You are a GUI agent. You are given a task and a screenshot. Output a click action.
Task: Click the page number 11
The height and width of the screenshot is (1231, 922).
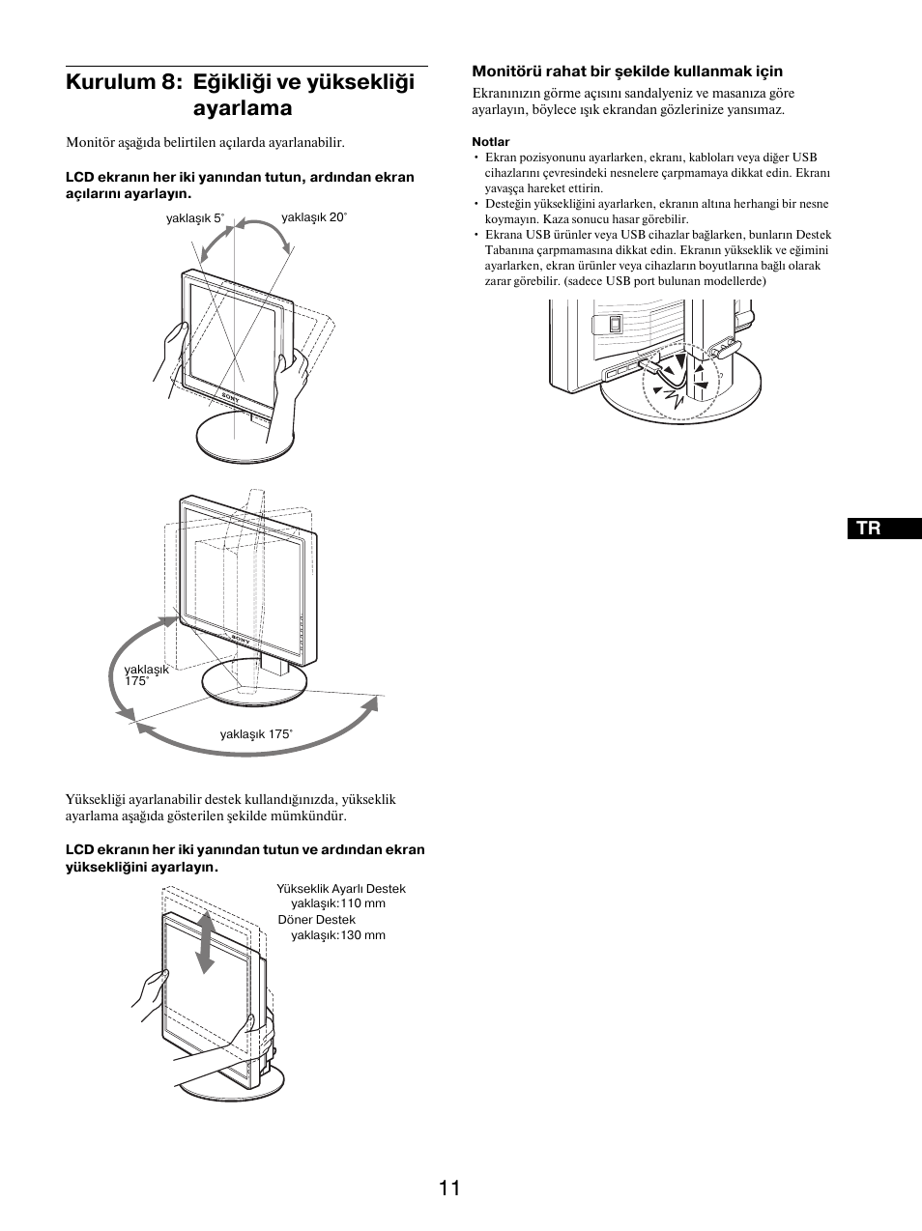click(x=448, y=1188)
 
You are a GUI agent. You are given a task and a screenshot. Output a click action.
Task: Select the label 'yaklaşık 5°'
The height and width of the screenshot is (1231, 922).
click(x=194, y=218)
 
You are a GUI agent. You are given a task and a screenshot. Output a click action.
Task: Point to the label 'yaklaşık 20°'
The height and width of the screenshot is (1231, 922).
click(x=313, y=217)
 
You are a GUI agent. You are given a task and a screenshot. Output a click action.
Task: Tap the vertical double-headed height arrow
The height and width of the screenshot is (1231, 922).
click(x=206, y=941)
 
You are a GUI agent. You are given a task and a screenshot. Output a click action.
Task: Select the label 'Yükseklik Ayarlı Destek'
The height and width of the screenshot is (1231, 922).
click(x=340, y=888)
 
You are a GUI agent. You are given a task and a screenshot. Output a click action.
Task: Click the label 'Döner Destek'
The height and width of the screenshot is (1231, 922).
click(x=316, y=920)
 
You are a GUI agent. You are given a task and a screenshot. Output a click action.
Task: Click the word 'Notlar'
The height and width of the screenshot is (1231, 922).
click(x=490, y=141)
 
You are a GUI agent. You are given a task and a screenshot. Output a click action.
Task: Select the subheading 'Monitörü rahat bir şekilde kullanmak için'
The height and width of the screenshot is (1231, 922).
click(x=626, y=71)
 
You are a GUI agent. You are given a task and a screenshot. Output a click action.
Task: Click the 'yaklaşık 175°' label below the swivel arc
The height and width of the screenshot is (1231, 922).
click(x=255, y=734)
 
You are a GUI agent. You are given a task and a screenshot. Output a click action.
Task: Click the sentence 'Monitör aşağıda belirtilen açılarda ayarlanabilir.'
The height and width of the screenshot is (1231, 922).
click(x=205, y=142)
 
